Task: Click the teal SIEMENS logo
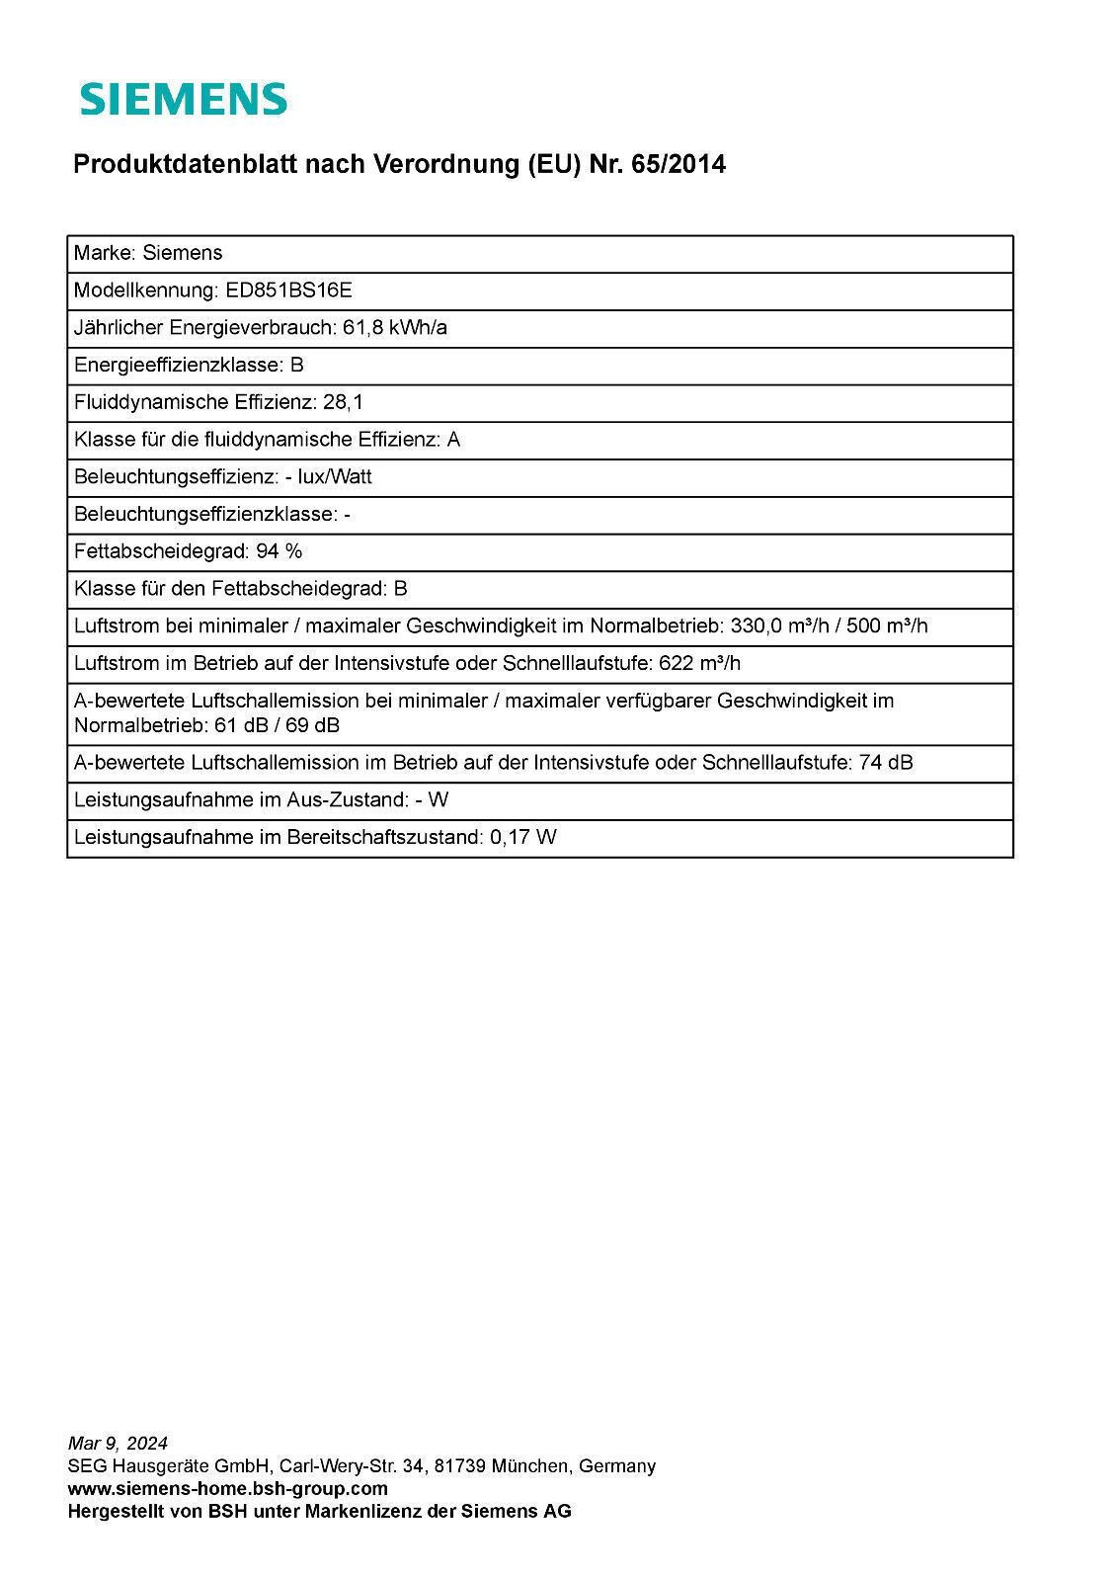point(184,99)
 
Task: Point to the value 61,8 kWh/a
point(394,328)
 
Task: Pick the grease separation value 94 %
point(279,551)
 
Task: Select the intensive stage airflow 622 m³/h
point(700,663)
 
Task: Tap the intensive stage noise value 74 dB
point(886,763)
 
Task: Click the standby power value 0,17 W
point(523,838)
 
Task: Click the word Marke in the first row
point(103,253)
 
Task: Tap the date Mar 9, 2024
point(118,1444)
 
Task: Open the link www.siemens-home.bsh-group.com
point(227,1488)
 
